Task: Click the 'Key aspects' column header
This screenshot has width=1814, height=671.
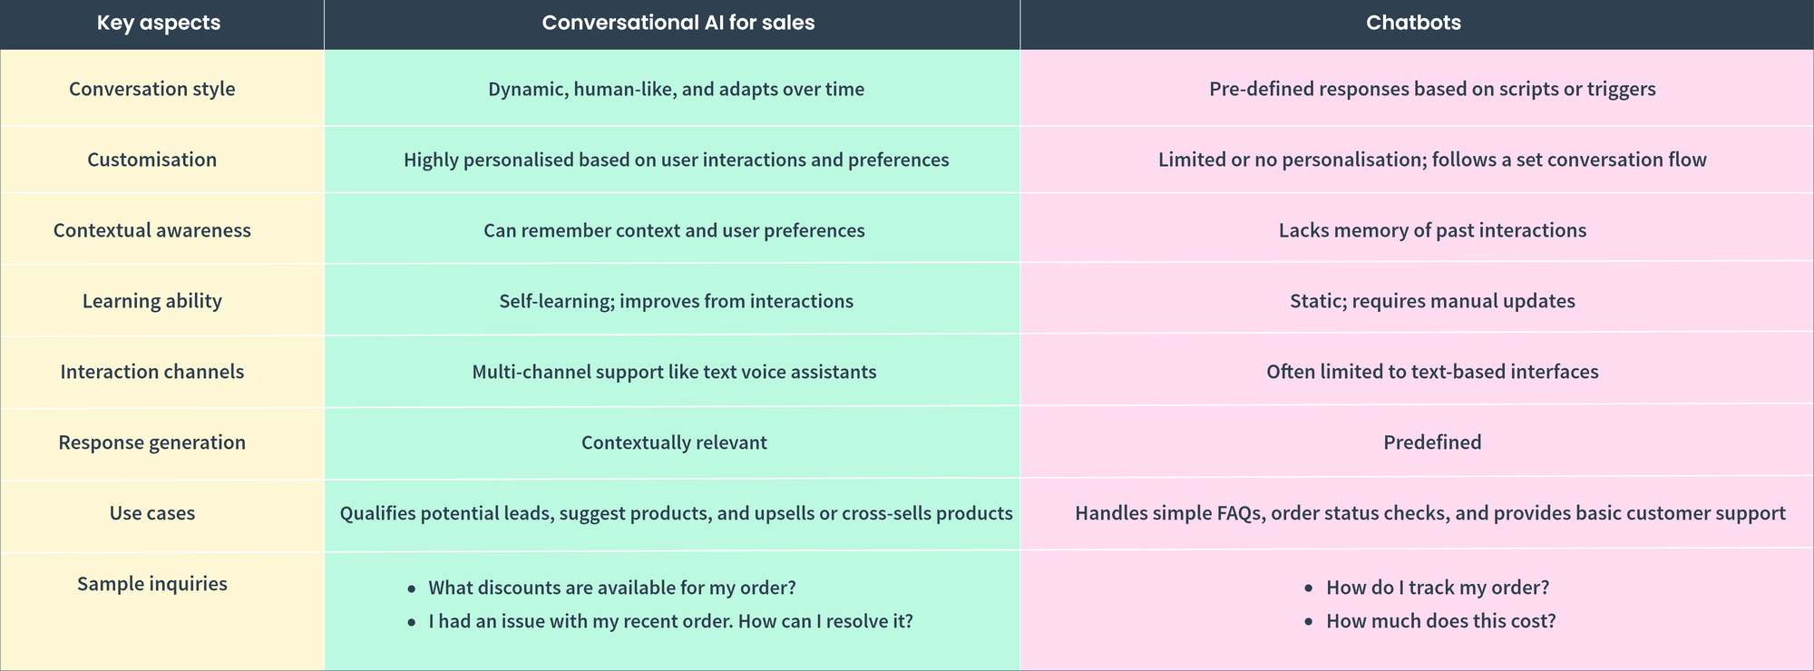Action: coord(159,23)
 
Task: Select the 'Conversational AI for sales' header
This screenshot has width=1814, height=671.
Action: coord(678,23)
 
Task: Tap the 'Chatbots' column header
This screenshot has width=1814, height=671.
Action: coord(1413,23)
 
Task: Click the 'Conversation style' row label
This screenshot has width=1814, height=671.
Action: coord(152,89)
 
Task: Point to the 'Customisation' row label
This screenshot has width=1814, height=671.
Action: coord(152,160)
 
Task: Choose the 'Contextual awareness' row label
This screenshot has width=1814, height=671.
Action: coord(152,230)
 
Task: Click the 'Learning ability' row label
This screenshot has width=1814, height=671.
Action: coord(152,301)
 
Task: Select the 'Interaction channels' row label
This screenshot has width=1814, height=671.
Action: coord(152,372)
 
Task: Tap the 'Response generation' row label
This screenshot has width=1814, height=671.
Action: coord(152,442)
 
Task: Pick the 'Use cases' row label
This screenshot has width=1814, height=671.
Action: coord(152,513)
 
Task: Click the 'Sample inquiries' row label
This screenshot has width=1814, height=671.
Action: coord(152,584)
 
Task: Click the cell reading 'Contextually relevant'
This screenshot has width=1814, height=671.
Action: coord(674,442)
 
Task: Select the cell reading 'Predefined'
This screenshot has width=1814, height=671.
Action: coord(1432,442)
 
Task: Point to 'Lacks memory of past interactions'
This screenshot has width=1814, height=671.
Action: coord(1432,230)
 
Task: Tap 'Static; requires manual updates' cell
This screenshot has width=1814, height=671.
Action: coord(1432,301)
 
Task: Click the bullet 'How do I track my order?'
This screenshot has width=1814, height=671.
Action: coord(1438,588)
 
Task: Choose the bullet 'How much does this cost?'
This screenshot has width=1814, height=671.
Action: coord(1440,621)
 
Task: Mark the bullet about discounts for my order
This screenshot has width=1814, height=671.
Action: coord(612,588)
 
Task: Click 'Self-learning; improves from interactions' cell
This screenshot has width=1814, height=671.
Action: coord(676,301)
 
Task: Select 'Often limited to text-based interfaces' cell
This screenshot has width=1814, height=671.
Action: coord(1432,372)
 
